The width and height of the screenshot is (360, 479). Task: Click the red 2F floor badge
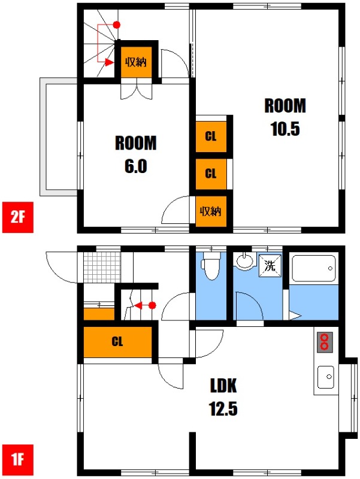point(18,217)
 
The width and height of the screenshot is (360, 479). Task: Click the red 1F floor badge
point(18,460)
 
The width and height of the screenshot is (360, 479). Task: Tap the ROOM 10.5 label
point(285,117)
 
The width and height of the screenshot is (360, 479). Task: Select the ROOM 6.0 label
point(136,154)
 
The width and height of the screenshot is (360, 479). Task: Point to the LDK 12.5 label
point(223,397)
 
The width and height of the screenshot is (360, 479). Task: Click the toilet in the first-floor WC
point(211,266)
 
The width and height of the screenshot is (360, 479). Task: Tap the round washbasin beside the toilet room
point(245,261)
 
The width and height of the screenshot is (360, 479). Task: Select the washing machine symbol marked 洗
point(270,265)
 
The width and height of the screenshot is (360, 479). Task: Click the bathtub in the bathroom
point(313,268)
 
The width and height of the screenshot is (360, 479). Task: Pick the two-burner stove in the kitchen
point(325,342)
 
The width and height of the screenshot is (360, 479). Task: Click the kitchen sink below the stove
point(326,377)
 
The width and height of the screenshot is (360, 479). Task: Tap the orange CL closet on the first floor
point(117,342)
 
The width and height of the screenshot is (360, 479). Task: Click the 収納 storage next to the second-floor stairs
point(136,62)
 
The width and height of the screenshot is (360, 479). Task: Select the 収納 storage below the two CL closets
point(211,211)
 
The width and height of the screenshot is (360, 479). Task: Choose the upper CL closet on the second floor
point(211,137)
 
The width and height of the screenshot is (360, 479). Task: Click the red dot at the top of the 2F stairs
point(116,25)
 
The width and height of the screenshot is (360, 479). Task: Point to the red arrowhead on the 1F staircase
point(138,305)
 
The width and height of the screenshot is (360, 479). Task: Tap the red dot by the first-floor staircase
point(153,305)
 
